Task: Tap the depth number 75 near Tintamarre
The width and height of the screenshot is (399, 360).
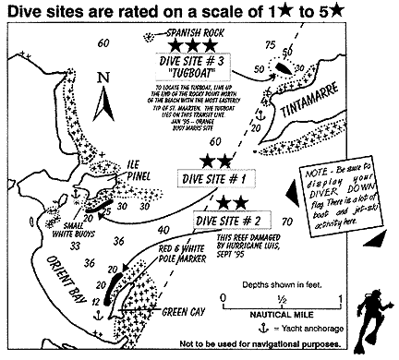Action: click(270, 45)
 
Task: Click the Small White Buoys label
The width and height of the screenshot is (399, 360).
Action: click(38, 228)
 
